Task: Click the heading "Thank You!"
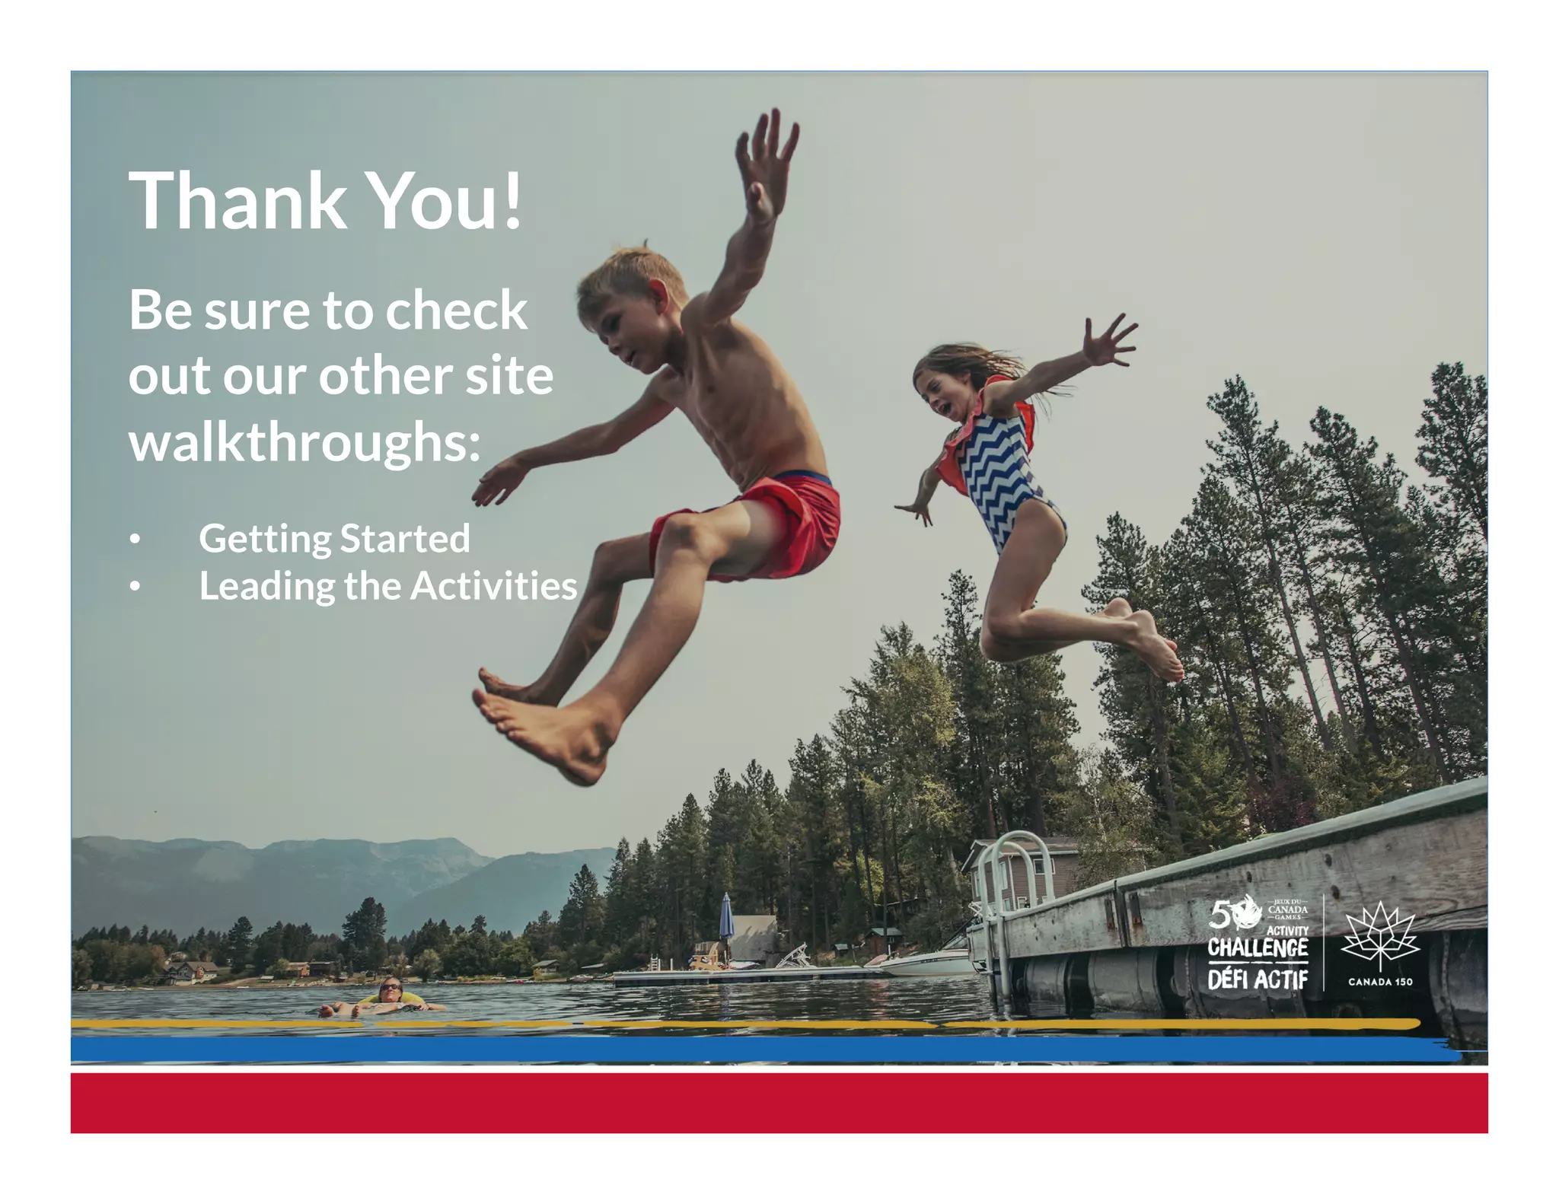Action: coord(325,199)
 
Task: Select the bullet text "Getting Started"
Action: coord(334,539)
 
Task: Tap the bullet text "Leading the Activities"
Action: coord(387,586)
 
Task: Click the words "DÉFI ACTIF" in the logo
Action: coord(1258,979)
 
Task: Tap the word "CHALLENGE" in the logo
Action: coord(1258,948)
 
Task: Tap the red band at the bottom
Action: coord(779,1103)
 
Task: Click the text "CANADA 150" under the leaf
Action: coord(1380,982)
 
